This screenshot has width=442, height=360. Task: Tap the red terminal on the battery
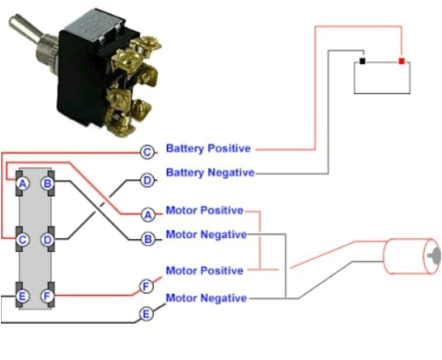tap(401, 61)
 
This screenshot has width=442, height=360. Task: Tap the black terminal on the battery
tap(362, 61)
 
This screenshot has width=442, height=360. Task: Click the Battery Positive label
tap(208, 149)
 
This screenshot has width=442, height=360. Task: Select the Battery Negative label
tap(210, 173)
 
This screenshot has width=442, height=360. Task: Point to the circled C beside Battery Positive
tap(147, 152)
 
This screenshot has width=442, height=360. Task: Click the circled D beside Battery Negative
tap(147, 180)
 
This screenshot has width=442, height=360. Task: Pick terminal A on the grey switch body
tap(23, 183)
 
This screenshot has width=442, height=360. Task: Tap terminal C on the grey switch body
tap(23, 240)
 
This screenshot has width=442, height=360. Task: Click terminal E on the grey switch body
tap(23, 295)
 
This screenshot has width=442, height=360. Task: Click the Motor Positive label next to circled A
tap(204, 210)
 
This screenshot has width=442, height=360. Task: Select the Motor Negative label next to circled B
tap(206, 234)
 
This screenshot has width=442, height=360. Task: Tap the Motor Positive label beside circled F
tap(204, 270)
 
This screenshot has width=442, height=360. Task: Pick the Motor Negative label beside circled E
tap(206, 297)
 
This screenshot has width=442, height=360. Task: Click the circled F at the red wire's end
tap(147, 287)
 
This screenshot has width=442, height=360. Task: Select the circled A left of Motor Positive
tap(147, 214)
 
